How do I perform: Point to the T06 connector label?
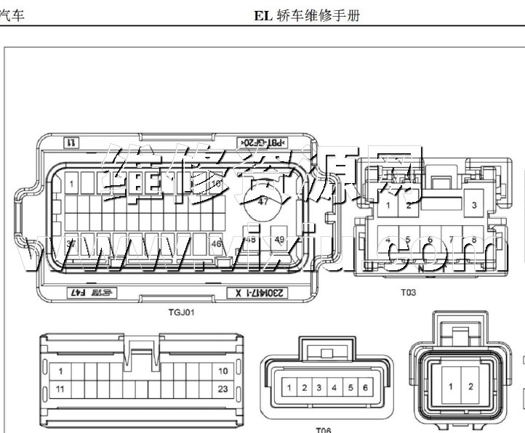[x=323, y=429]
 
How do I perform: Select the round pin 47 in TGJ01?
[x=262, y=203]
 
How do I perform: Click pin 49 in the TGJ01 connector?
[x=280, y=239]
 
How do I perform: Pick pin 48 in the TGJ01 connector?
[x=251, y=239]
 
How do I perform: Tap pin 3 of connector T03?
[x=474, y=206]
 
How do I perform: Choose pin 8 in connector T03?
[x=474, y=240]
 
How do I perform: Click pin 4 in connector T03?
[x=388, y=240]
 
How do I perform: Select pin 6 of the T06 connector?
[x=364, y=388]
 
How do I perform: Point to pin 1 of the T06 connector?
[x=289, y=388]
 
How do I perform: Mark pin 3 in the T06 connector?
[x=318, y=388]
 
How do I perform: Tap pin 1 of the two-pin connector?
[x=451, y=386]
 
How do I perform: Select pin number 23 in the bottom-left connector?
[x=223, y=389]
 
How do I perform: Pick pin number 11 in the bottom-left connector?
[x=60, y=389]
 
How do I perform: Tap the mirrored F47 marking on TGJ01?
[x=90, y=294]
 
